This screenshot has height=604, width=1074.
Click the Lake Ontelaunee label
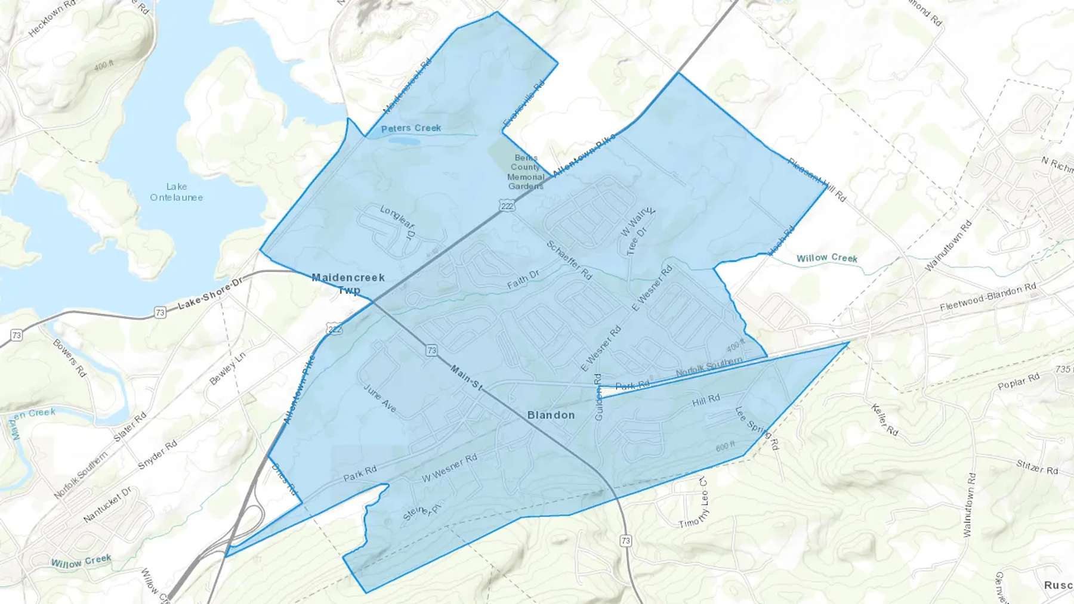click(176, 192)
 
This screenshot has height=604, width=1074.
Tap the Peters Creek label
click(411, 128)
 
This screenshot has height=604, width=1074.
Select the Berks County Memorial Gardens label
click(526, 172)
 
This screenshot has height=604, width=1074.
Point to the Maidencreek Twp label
click(348, 283)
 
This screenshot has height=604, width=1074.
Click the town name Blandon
click(551, 415)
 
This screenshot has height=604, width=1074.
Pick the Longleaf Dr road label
click(398, 221)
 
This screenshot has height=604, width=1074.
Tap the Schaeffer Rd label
click(569, 261)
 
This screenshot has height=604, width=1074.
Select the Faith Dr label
click(523, 279)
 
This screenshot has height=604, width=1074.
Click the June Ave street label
click(380, 398)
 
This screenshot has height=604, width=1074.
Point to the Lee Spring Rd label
click(757, 428)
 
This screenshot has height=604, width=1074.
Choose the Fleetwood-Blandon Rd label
click(987, 297)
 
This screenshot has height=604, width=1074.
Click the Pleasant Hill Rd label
click(816, 179)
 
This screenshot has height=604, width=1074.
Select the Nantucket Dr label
click(107, 504)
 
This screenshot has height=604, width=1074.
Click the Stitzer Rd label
click(1037, 467)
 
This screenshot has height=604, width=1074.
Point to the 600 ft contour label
click(725, 446)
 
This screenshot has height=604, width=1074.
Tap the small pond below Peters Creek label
click(404, 141)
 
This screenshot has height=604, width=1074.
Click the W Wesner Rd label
click(449, 468)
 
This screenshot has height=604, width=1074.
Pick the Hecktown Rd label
click(53, 18)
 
